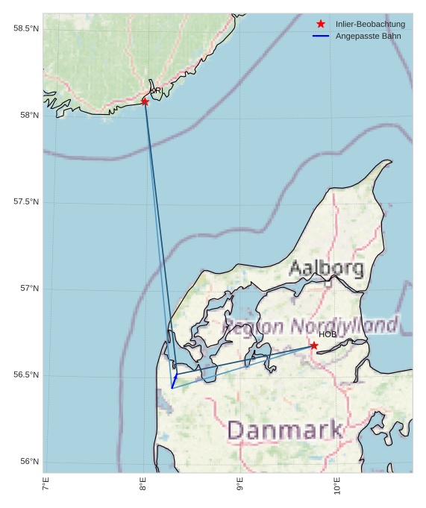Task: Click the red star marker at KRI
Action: point(145,101)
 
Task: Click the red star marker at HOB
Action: point(314,345)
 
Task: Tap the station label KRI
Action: point(156,91)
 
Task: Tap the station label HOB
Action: point(328,334)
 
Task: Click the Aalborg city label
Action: point(326,268)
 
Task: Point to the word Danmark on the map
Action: point(285,430)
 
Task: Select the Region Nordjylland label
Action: point(310,326)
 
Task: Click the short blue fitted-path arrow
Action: point(174,381)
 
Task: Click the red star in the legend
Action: point(321,24)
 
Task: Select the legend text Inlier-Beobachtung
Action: point(370,25)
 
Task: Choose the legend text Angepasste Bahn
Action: point(366,36)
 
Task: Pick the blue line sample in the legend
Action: point(321,36)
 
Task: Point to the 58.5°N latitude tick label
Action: point(26,28)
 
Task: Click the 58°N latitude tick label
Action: point(28,115)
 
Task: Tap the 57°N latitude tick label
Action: point(28,289)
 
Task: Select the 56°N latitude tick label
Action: point(28,462)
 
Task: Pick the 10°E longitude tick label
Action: point(337,488)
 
